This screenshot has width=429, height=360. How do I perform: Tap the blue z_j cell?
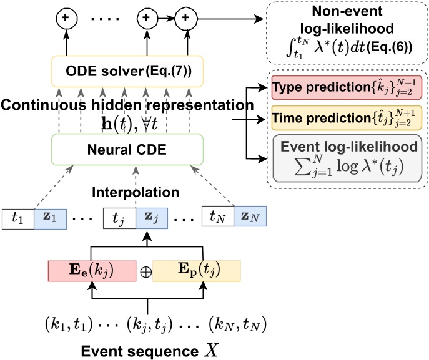click(x=152, y=219)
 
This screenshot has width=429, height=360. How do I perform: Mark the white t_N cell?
click(x=216, y=219)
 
